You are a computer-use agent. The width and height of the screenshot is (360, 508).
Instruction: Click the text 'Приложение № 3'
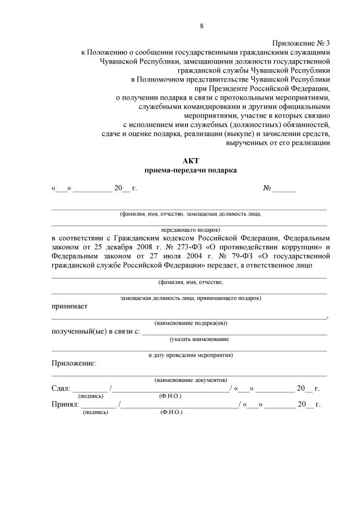tap(301, 43)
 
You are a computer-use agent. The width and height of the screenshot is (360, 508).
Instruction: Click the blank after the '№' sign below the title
tap(284, 188)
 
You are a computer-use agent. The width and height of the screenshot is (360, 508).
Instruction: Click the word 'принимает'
tap(70, 306)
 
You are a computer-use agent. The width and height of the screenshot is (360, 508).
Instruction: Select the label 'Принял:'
tap(65, 404)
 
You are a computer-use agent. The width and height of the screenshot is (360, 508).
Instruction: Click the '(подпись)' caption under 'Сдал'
tap(91, 396)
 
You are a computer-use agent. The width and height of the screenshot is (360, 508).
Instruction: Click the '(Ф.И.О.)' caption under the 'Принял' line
tap(170, 412)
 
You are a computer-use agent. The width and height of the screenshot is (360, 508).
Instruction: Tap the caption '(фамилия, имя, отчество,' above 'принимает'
tap(191, 282)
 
